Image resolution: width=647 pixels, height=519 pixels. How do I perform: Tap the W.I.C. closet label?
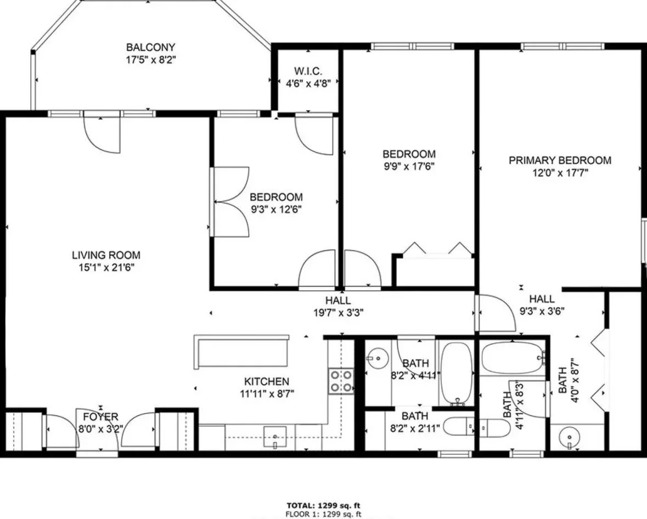[308, 71]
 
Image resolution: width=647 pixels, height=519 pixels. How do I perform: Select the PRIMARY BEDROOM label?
[560, 160]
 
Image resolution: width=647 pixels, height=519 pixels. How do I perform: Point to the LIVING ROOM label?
[106, 255]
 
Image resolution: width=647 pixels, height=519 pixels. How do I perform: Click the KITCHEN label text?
[266, 381]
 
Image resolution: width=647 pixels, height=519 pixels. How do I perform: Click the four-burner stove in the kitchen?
[341, 381]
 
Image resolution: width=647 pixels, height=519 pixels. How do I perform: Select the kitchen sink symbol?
[274, 437]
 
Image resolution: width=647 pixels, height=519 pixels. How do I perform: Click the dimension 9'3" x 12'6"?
[275, 209]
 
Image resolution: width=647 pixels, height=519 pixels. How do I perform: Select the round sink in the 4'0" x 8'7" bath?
[571, 438]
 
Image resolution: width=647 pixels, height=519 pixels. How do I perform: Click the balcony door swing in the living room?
[102, 133]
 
